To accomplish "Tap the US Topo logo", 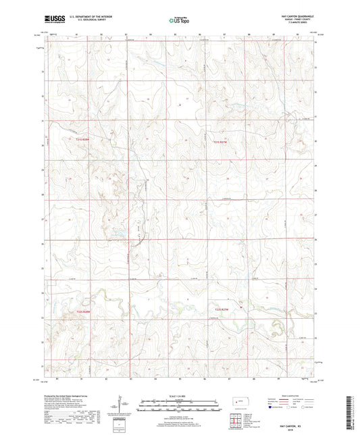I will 178,20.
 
